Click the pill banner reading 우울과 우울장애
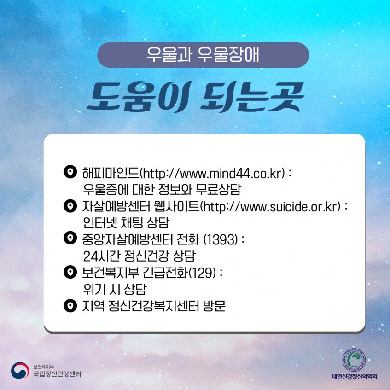point(203,55)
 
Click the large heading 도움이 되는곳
point(196,97)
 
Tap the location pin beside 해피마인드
point(70,172)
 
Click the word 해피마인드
point(111,173)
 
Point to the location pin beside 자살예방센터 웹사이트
point(70,206)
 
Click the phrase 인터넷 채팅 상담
point(126,222)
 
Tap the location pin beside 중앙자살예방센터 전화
point(70,238)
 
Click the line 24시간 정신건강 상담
point(140,256)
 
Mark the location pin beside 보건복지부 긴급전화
point(70,272)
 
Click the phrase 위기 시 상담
point(115,289)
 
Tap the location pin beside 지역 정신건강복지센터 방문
point(70,306)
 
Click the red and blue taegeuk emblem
point(20,371)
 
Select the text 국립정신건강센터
point(57,374)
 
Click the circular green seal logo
point(354,360)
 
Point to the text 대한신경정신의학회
point(355,377)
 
